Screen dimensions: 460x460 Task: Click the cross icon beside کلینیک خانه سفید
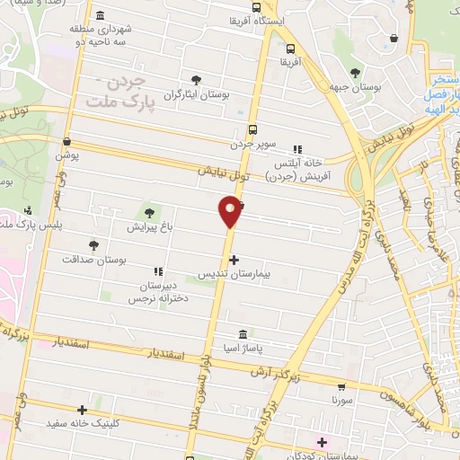point(83,409)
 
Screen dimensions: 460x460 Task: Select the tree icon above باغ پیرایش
point(149,214)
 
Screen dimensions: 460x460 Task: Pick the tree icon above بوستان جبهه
point(356,73)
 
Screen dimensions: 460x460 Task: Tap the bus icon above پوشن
point(67,141)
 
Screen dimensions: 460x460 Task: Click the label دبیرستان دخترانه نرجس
point(161,290)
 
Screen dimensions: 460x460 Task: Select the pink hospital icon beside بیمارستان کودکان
point(322,442)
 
